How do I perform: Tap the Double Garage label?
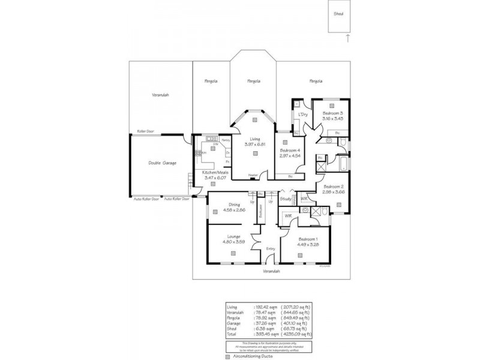162,163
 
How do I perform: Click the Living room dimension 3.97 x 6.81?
255,145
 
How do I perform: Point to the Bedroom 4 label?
290,151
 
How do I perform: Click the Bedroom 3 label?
332,113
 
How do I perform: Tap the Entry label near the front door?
271,248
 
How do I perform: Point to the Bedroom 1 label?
310,239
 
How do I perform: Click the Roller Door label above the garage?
143,131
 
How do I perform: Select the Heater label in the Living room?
253,175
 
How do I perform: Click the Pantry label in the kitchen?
225,140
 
